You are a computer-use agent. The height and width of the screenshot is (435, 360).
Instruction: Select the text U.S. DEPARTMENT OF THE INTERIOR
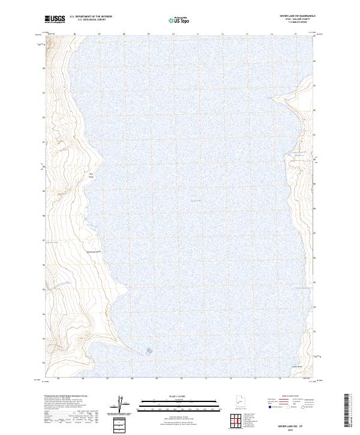pos(91,17)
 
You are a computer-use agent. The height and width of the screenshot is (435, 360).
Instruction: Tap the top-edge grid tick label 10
pos(173,35)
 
